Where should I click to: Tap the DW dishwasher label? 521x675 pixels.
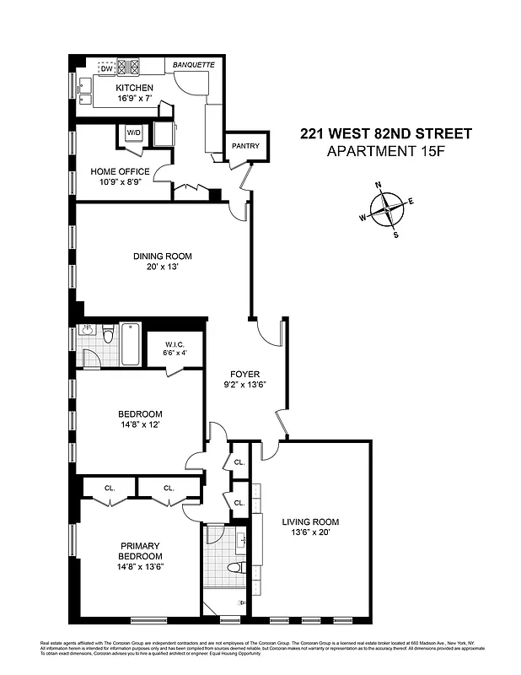[107, 68]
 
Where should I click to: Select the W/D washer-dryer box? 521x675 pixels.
[133, 133]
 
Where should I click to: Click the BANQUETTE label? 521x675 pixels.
[194, 64]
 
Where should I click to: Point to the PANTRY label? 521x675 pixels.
[245, 147]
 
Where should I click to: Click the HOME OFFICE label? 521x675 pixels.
[121, 171]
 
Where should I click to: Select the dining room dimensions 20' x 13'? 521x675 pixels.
[162, 267]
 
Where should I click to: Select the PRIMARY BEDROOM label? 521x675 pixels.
[139, 551]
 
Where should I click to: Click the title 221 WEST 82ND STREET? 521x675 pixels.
[385, 133]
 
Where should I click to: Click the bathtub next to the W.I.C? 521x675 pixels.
[131, 345]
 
